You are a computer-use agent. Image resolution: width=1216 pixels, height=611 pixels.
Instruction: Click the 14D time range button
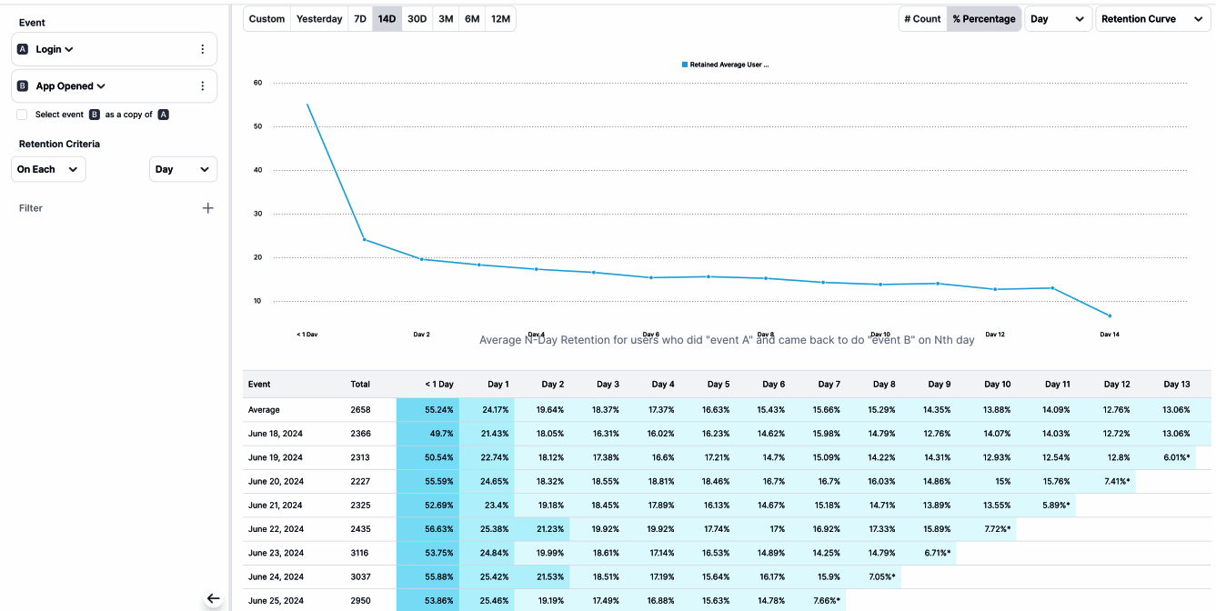pyautogui.click(x=387, y=19)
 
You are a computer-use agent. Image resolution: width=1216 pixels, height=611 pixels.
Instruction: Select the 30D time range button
pyautogui.click(x=417, y=19)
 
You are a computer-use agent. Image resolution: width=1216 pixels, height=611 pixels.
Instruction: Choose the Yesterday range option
pyautogui.click(x=319, y=19)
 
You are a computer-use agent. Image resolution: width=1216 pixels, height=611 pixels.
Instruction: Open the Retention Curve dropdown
pyautogui.click(x=1151, y=19)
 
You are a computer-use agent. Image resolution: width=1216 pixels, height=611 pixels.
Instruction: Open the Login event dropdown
pyautogui.click(x=55, y=49)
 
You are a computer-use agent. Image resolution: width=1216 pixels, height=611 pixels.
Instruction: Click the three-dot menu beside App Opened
pyautogui.click(x=202, y=86)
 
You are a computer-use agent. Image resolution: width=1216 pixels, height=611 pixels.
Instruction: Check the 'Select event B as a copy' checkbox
pyautogui.click(x=22, y=115)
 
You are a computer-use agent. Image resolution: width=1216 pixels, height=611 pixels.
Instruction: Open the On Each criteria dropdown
pyautogui.click(x=48, y=169)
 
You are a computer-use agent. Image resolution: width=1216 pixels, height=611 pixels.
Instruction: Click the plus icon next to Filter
pyautogui.click(x=207, y=208)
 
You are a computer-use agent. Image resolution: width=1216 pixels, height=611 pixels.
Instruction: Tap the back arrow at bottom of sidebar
pyautogui.click(x=213, y=598)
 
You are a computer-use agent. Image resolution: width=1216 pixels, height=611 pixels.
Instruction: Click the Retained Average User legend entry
pyautogui.click(x=729, y=65)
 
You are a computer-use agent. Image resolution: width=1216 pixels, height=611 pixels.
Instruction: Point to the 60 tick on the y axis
pyautogui.click(x=257, y=83)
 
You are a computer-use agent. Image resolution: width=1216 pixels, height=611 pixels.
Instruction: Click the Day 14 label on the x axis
pyautogui.click(x=1109, y=335)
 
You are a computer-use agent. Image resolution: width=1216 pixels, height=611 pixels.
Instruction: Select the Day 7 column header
pyautogui.click(x=829, y=385)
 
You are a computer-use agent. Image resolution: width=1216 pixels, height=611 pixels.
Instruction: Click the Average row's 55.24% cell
pyautogui.click(x=427, y=410)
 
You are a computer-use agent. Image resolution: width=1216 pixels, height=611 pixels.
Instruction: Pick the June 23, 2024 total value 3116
pyautogui.click(x=361, y=553)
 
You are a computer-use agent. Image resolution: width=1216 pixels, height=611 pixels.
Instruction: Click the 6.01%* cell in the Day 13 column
pyautogui.click(x=1176, y=457)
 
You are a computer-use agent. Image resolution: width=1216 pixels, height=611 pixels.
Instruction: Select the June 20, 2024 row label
pyautogui.click(x=276, y=482)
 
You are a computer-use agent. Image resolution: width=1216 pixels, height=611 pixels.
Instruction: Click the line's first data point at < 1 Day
pyautogui.click(x=307, y=105)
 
